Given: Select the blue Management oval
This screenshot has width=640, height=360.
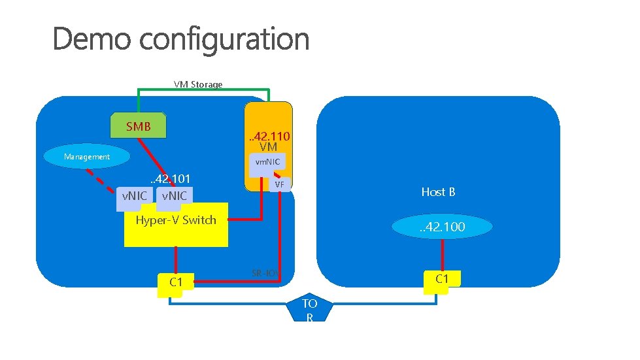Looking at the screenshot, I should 87,157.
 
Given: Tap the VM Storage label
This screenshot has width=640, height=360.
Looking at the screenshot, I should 197,84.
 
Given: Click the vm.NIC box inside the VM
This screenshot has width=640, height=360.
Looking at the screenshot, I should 267,162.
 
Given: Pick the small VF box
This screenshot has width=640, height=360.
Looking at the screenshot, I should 280,185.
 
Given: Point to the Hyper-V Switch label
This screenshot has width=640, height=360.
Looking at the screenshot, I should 175,220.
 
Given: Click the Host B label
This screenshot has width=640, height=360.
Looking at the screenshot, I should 438,192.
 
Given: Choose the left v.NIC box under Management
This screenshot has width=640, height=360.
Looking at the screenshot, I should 135,195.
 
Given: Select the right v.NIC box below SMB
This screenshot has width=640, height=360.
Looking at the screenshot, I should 173,195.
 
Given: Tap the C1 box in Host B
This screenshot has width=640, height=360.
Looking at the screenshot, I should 442,279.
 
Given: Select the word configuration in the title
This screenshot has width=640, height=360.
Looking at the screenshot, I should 224,41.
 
